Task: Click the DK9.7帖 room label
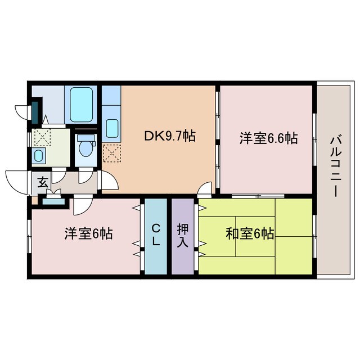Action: (169, 136)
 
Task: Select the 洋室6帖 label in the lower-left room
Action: (88, 233)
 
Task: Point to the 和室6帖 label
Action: (250, 233)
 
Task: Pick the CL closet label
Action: (156, 236)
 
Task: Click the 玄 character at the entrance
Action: (43, 182)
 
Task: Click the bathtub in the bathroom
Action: (82, 104)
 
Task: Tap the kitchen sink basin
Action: (111, 129)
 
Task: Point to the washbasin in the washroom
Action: (39, 155)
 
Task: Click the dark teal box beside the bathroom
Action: (35, 111)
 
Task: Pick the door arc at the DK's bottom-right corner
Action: (206, 188)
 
